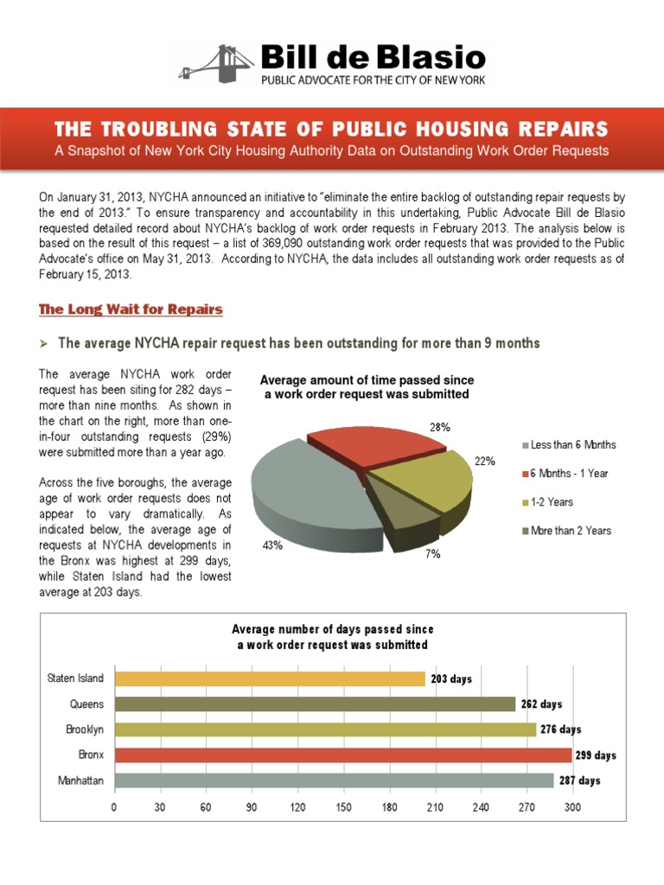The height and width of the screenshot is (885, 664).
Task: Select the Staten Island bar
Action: tap(270, 678)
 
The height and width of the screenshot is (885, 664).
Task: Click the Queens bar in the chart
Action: tap(315, 704)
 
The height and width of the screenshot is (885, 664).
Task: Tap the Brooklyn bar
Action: tap(325, 729)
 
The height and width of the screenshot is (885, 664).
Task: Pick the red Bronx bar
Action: tap(342, 755)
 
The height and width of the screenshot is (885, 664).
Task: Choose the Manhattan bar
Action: tap(334, 780)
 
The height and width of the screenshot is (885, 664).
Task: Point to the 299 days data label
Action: tap(597, 755)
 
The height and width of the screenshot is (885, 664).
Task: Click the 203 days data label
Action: tap(450, 678)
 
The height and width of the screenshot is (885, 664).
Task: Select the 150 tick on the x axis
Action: tap(343, 807)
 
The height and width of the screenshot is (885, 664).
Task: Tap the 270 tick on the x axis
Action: tap(527, 807)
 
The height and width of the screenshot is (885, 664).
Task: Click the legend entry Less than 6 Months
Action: tap(572, 444)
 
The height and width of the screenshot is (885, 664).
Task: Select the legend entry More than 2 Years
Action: tap(571, 530)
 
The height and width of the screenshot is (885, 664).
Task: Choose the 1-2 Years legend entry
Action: tap(552, 501)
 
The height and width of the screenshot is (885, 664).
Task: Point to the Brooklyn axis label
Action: tap(84, 729)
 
